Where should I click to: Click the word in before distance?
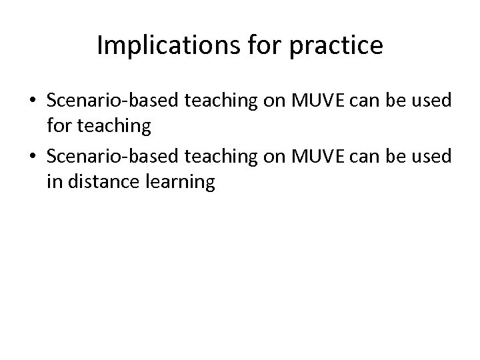(x=53, y=182)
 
